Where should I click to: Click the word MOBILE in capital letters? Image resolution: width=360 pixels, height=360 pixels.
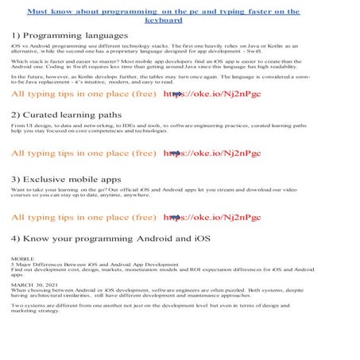pos(23,259)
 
